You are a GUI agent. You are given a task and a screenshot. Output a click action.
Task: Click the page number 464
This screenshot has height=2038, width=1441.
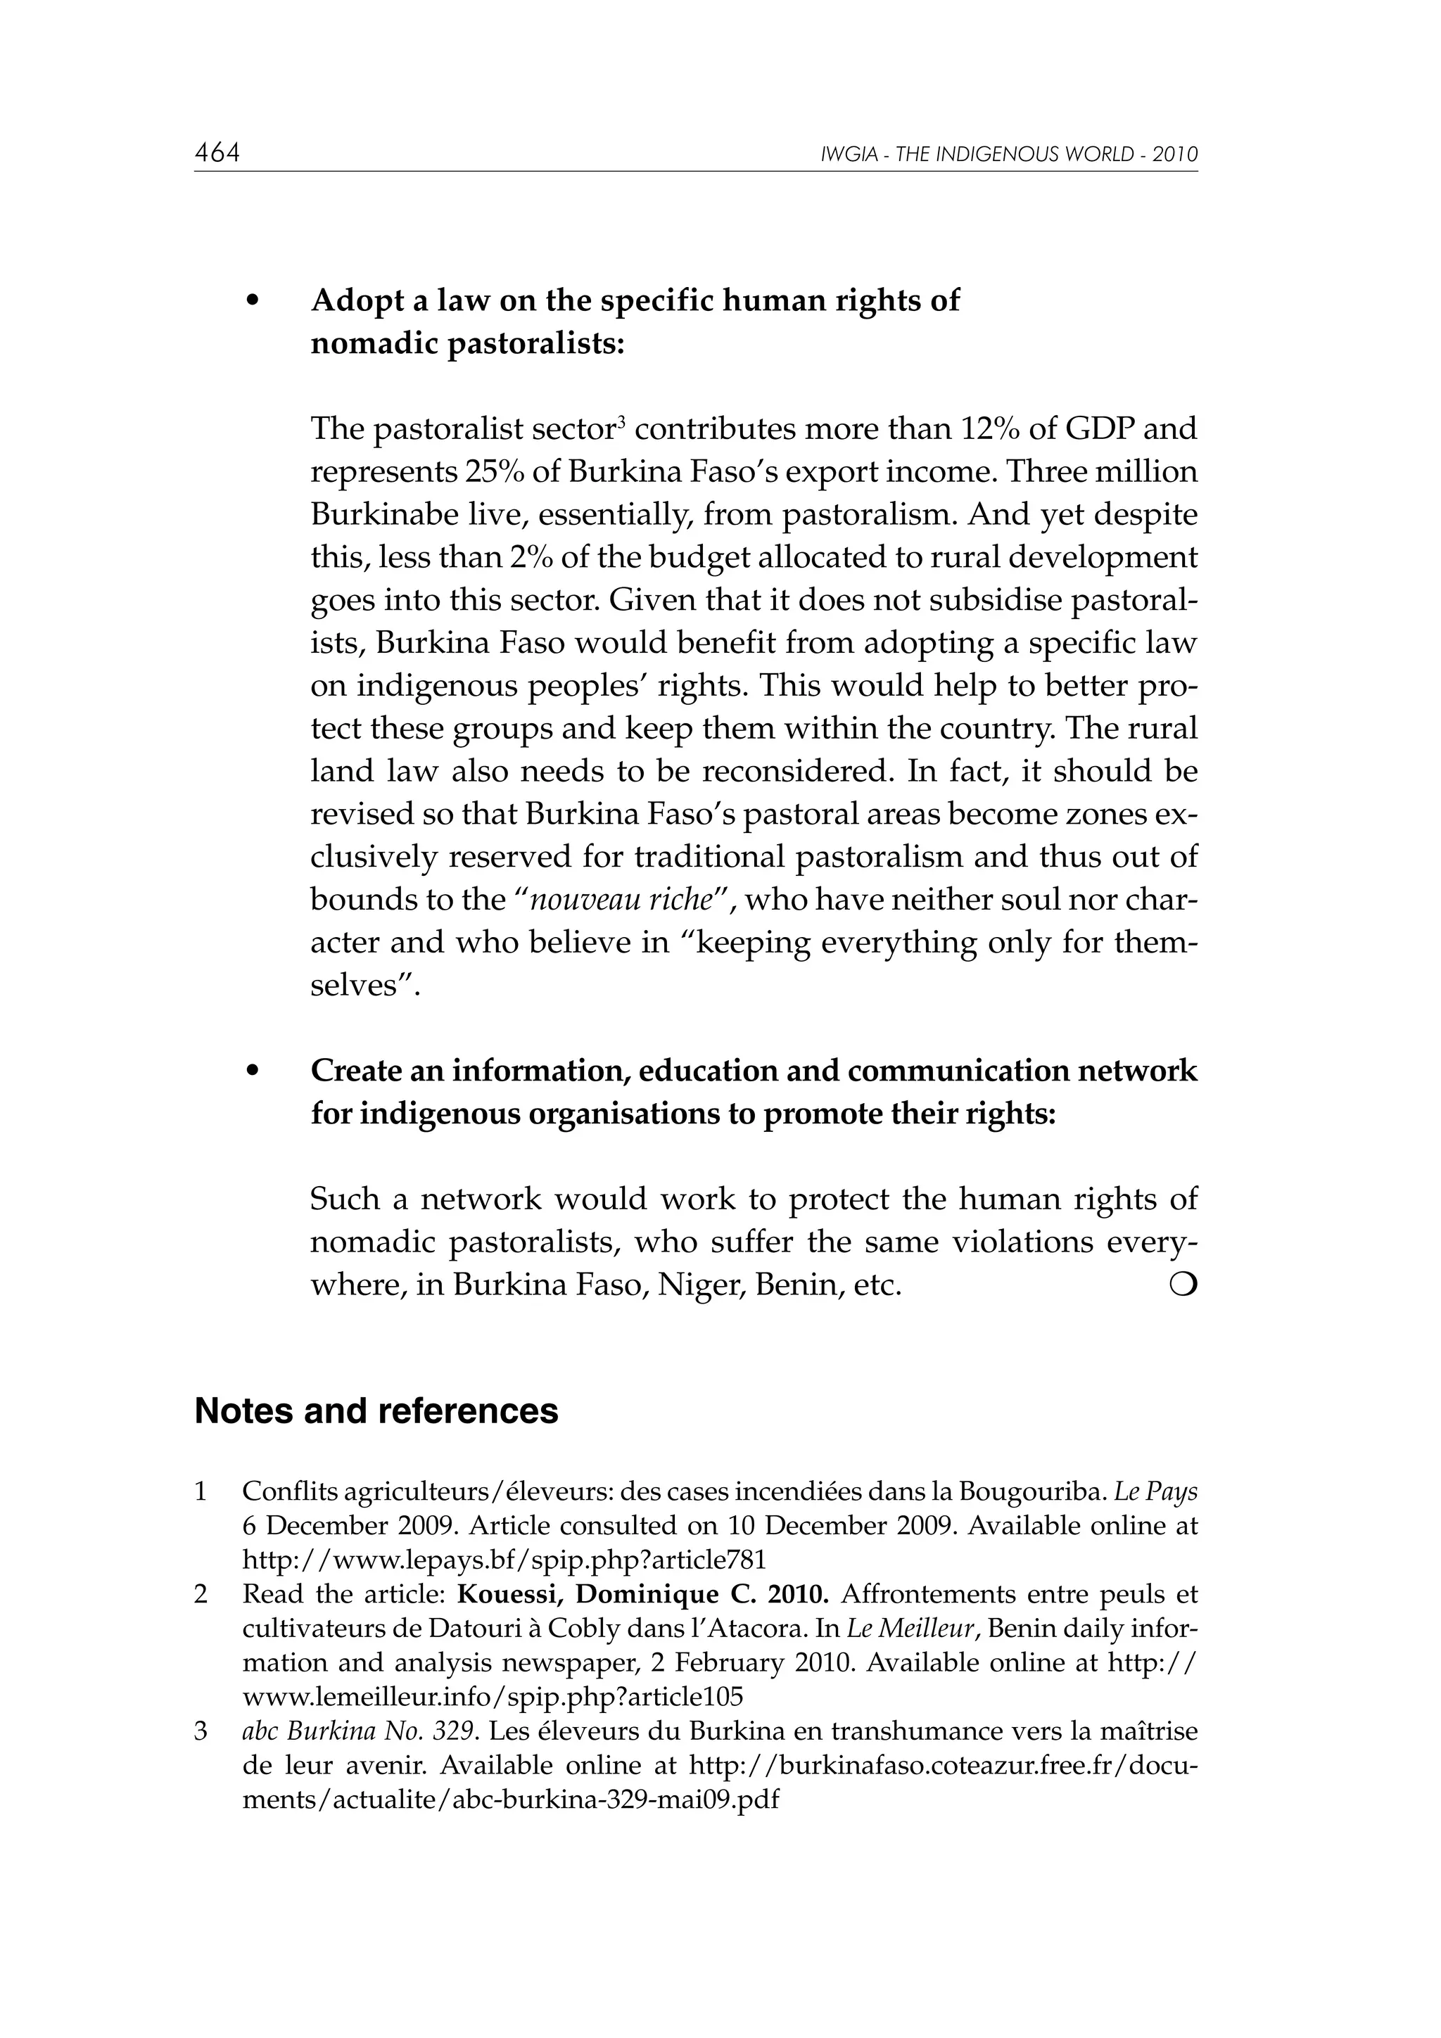[217, 153]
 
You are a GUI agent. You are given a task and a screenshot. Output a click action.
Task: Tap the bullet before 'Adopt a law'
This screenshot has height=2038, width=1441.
[253, 302]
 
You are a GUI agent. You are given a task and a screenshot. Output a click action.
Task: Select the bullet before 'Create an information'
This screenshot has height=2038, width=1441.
[253, 1072]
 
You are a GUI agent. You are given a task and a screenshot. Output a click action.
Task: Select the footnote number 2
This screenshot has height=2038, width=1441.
[201, 1594]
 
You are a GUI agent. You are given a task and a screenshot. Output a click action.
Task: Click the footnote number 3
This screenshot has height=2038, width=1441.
[201, 1731]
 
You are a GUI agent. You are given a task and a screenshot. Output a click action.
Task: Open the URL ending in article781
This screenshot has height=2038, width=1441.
[503, 1560]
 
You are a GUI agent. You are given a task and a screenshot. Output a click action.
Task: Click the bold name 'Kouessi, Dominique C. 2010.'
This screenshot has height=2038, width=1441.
[643, 1594]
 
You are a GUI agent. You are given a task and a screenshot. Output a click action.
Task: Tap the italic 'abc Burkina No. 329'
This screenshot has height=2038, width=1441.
[360, 1731]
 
